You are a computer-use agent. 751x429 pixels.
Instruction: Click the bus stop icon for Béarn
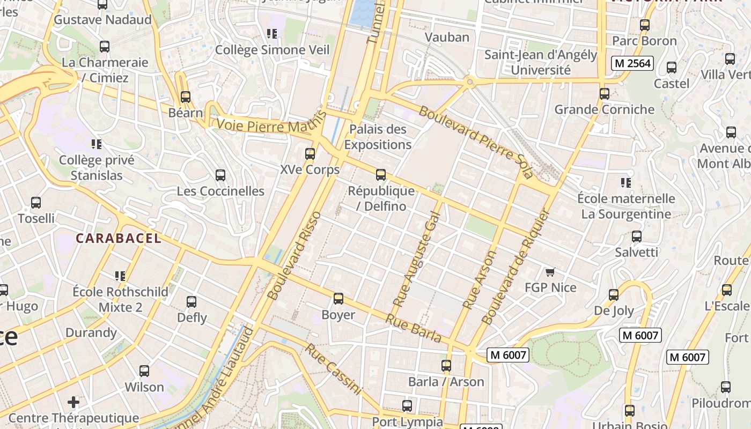186,97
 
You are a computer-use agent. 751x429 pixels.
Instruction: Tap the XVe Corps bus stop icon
310,154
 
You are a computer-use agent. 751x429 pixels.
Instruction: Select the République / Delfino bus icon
380,174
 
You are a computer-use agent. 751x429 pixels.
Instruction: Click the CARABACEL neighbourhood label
118,239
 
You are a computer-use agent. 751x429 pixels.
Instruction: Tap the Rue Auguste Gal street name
416,260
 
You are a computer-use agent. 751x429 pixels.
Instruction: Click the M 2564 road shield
632,63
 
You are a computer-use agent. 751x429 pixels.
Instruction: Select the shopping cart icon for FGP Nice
550,272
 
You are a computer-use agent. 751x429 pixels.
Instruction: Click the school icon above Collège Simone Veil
272,34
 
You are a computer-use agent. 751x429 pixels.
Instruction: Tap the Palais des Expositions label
378,137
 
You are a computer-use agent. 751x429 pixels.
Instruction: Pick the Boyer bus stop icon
338,299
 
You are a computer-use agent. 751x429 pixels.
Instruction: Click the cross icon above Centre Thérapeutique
73,402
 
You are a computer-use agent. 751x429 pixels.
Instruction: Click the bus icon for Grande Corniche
605,94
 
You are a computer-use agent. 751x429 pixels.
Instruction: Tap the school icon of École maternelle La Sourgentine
625,183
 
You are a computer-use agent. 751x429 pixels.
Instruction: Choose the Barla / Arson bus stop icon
446,366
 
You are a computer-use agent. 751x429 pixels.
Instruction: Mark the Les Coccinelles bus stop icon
220,175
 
